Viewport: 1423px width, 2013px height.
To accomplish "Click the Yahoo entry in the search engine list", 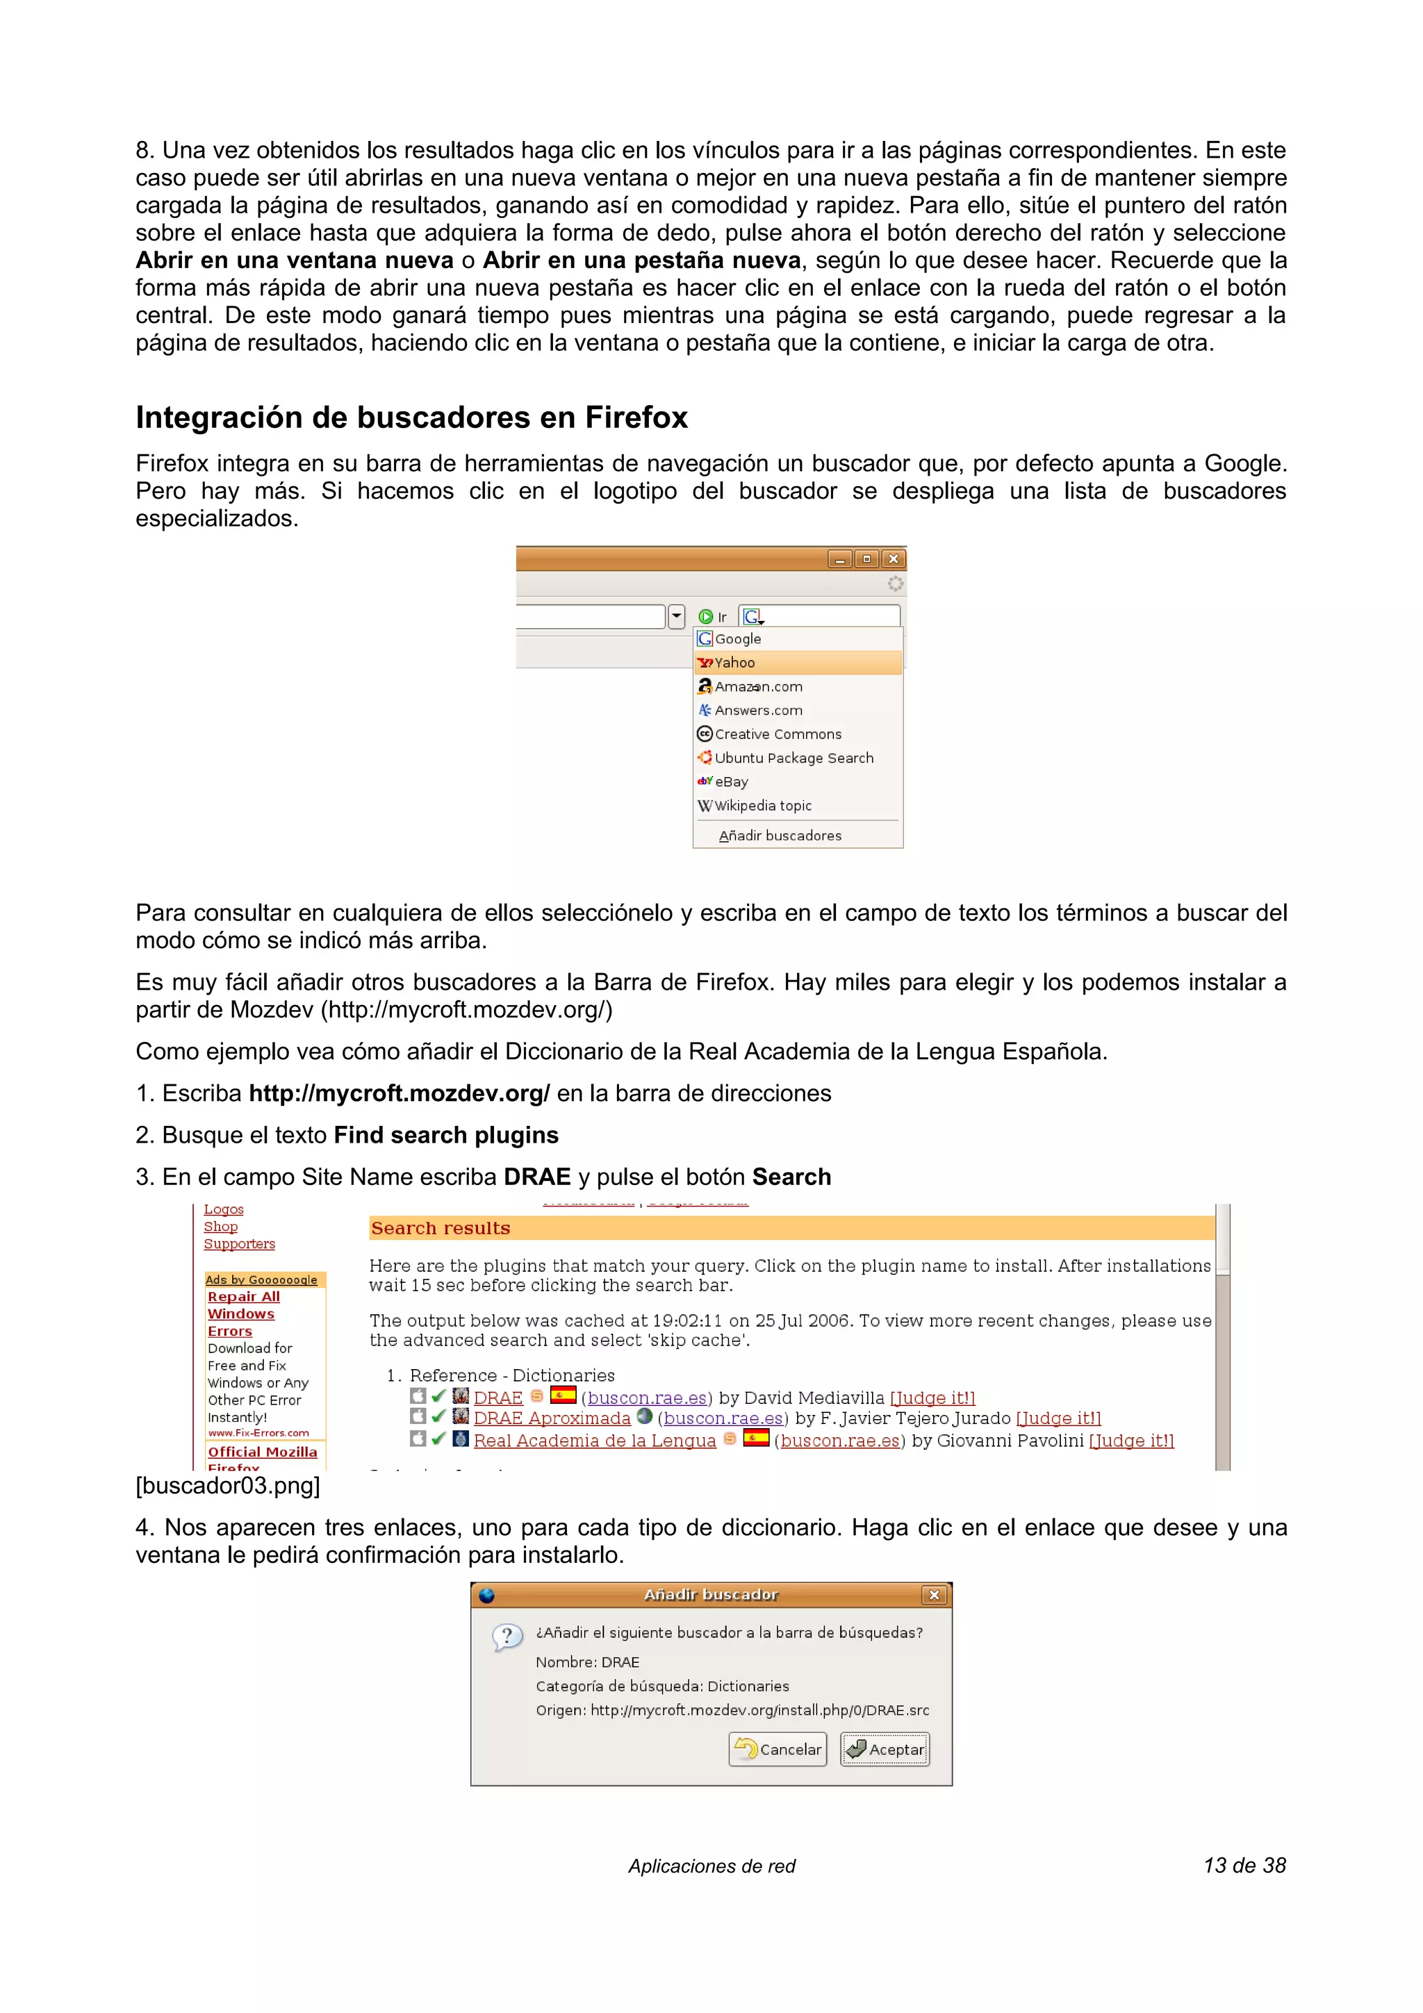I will coord(734,663).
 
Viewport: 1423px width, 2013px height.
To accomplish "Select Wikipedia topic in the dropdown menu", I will coord(762,806).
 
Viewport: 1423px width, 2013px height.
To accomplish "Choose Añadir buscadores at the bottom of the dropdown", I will coord(780,836).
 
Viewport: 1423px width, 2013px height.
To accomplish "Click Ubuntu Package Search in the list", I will coord(793,759).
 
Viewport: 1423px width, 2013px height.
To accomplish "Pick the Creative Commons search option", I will coord(777,735).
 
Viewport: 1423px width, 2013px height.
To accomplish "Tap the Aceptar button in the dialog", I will coord(885,1749).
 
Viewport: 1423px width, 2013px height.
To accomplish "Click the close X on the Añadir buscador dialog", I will coord(934,1595).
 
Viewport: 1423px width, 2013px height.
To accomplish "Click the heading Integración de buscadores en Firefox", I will coord(411,418).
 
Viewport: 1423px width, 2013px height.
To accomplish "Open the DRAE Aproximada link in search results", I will coord(552,1418).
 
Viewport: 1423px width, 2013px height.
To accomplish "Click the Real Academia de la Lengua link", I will coord(595,1441).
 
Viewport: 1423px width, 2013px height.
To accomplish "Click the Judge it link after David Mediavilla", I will coord(932,1398).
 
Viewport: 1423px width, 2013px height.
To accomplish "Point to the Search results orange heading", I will coord(440,1228).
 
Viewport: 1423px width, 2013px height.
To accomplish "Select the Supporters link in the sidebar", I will coord(239,1244).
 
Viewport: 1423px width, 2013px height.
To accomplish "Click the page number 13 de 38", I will coord(1244,1865).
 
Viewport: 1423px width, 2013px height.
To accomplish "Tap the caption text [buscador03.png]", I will coord(228,1485).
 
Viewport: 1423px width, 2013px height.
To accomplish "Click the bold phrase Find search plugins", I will coord(445,1136).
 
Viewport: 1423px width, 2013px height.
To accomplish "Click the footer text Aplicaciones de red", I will coord(711,1866).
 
